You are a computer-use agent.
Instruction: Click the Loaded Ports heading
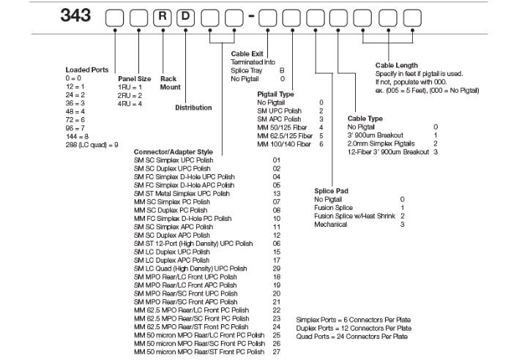[x=87, y=70]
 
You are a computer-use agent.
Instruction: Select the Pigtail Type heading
[x=277, y=94]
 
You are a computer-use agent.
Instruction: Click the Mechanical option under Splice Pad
[x=331, y=224]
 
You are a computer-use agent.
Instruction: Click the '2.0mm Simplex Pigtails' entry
[x=384, y=143]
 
